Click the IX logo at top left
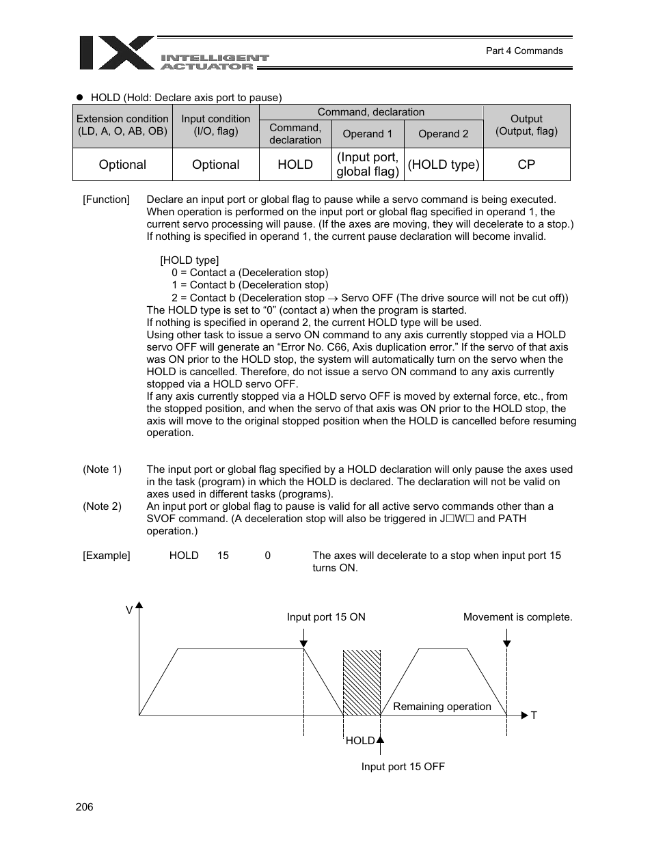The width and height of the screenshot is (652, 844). tap(116, 53)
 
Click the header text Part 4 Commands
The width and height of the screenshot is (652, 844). tap(524, 51)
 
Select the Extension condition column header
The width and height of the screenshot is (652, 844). tap(122, 125)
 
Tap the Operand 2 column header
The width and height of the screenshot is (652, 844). tap(443, 134)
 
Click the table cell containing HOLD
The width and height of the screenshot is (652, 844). tap(295, 165)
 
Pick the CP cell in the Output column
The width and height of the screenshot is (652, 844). tap(526, 165)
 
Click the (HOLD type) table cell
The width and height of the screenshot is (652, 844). tap(443, 165)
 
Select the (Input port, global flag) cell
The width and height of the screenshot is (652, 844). tap(367, 165)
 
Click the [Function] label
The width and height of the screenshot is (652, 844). tap(106, 200)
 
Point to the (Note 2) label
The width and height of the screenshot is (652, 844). tap(102, 506)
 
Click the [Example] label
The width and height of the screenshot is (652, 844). tap(106, 556)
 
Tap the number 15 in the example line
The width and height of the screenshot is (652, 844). tap(223, 556)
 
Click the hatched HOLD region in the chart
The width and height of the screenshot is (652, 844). tap(362, 683)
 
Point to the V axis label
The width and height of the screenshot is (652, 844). tap(128, 610)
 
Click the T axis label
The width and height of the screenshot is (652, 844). tap(534, 716)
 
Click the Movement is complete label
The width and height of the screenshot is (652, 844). tap(517, 617)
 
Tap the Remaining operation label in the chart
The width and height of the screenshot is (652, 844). tap(442, 707)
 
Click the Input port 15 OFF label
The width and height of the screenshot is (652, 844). tap(403, 767)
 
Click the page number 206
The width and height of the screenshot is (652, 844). tap(84, 807)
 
